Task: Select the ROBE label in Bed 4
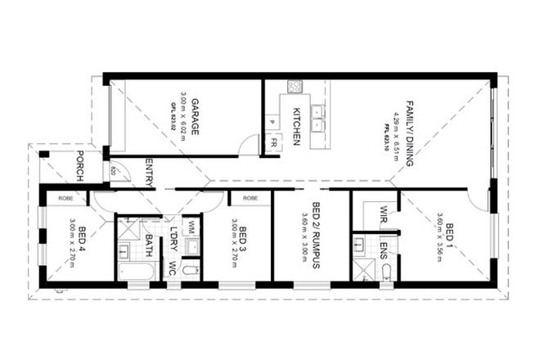click(66, 197)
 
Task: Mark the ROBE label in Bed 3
click(250, 197)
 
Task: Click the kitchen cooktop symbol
click(294, 86)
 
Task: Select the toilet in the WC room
click(190, 269)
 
